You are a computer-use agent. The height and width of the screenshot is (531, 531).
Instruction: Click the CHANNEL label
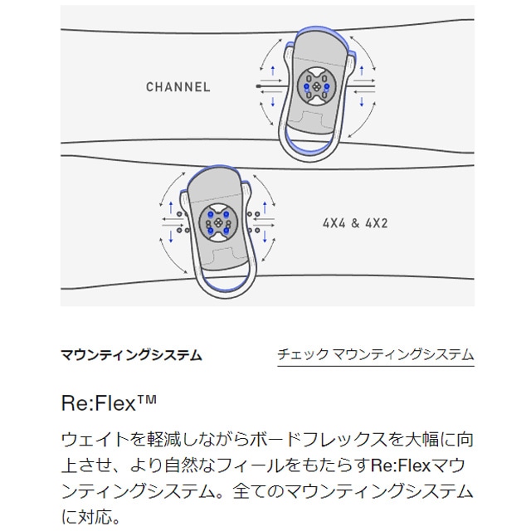click(x=178, y=87)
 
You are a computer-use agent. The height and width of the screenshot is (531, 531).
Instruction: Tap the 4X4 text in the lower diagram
click(x=334, y=223)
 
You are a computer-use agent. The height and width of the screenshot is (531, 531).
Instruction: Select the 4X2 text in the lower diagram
click(x=376, y=223)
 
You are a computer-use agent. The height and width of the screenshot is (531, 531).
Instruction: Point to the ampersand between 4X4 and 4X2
click(x=355, y=223)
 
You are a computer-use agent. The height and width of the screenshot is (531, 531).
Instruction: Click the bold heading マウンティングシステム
click(x=131, y=355)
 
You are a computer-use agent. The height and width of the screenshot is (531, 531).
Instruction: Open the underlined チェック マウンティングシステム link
click(x=376, y=355)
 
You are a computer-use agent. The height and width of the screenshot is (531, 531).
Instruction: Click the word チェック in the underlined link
click(x=303, y=355)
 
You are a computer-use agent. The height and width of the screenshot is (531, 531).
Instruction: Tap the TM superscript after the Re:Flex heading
click(x=147, y=399)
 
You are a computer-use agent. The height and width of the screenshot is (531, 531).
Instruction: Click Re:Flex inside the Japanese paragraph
click(x=401, y=465)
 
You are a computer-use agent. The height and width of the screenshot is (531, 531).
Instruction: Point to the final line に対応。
click(x=90, y=517)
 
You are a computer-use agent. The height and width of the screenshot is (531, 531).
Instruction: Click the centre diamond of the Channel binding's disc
click(x=317, y=87)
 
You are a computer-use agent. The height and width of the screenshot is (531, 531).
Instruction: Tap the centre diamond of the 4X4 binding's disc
click(x=218, y=223)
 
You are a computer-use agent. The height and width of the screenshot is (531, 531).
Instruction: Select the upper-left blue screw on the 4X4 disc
click(x=211, y=214)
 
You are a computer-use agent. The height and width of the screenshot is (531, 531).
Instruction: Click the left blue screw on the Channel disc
click(x=307, y=86)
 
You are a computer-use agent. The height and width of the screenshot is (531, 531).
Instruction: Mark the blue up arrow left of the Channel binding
click(x=273, y=71)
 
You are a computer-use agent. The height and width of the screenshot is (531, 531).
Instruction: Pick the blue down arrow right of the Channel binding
click(x=362, y=102)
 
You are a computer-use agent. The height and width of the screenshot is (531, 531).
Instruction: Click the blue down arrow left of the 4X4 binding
click(x=171, y=236)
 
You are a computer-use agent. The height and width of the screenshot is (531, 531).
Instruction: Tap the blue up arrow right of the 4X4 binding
click(x=265, y=207)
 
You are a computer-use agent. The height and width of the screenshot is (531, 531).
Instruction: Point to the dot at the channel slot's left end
click(x=258, y=86)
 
